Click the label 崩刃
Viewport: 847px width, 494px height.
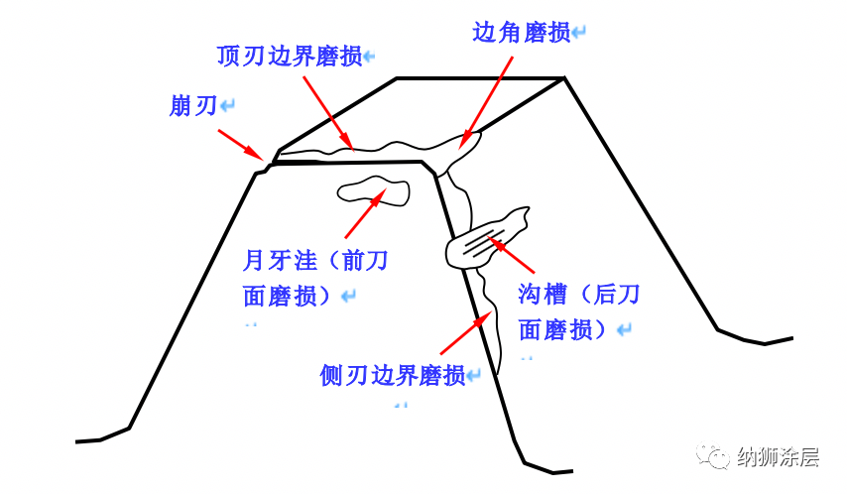192,106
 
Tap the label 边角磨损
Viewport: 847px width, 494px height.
521,33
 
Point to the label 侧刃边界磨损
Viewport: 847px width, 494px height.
392,376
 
